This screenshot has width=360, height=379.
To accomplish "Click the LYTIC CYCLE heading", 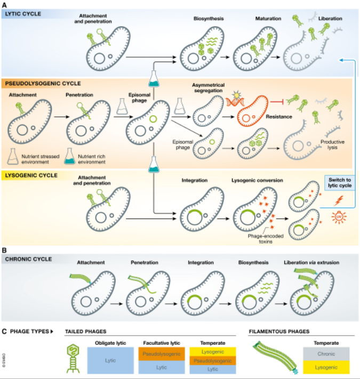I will coord(24,13).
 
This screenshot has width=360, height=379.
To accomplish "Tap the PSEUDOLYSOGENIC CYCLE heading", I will coord(42,83).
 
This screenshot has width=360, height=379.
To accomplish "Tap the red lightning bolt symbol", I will coord(338,201).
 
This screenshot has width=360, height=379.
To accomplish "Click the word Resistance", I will coord(278,116).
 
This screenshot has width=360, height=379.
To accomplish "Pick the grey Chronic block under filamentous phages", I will coord(326,352).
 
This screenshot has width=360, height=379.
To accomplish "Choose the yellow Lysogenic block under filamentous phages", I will coord(326,366).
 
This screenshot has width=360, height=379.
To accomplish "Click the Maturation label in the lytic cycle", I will coord(268,19).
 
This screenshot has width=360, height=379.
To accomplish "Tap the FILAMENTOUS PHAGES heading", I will coord(279,332).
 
